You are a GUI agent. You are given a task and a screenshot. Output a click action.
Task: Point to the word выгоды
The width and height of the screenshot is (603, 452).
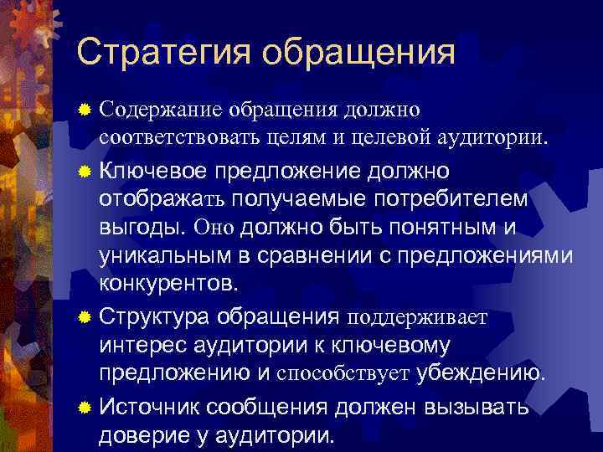click(x=142, y=228)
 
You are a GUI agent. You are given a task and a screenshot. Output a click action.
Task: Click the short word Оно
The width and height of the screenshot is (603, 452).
click(x=214, y=228)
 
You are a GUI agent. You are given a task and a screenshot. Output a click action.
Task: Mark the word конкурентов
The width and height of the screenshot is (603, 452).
click(x=168, y=282)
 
